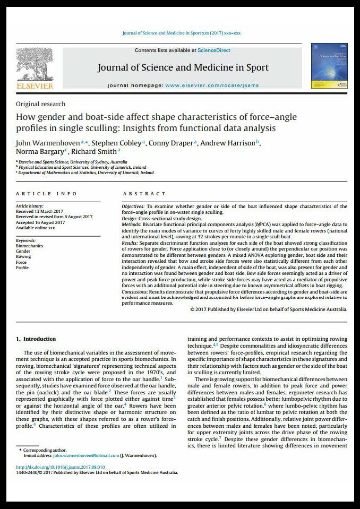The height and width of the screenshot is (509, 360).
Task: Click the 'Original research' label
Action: pyautogui.click(x=41, y=104)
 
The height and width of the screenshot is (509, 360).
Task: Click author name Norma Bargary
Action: pyautogui.click(x=40, y=152)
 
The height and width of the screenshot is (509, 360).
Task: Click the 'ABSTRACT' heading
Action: pyautogui.click(x=144, y=194)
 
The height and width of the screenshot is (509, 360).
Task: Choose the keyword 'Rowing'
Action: pyautogui.click(x=23, y=257)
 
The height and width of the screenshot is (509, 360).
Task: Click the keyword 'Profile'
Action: pyautogui.click(x=22, y=268)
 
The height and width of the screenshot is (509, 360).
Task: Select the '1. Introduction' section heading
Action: pyautogui.click(x=36, y=339)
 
